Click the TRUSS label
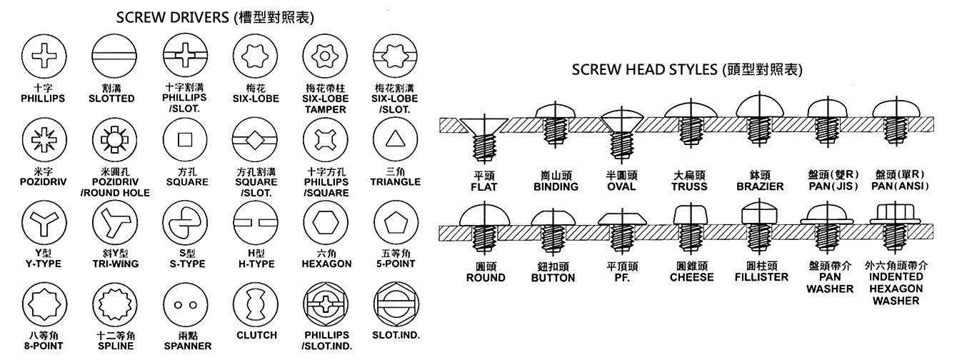coord(689,187)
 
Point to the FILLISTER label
coord(761,276)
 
